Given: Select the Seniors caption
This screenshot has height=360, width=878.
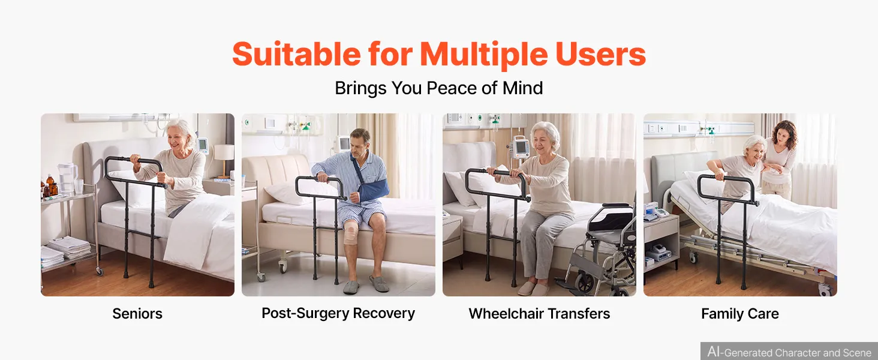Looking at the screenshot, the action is pos(137,314).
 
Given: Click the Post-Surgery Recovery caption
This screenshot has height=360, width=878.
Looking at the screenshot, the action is pos(338,313).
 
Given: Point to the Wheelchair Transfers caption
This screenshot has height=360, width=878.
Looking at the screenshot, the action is pos(539,314).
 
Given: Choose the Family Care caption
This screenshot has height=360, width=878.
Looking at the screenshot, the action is pos(740,314).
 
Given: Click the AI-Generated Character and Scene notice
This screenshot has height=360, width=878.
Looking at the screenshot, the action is pos(789,352).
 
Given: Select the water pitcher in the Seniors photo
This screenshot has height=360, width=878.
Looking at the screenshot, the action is pos(67,177).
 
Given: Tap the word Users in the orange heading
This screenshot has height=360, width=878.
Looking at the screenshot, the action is pos(600,54).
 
